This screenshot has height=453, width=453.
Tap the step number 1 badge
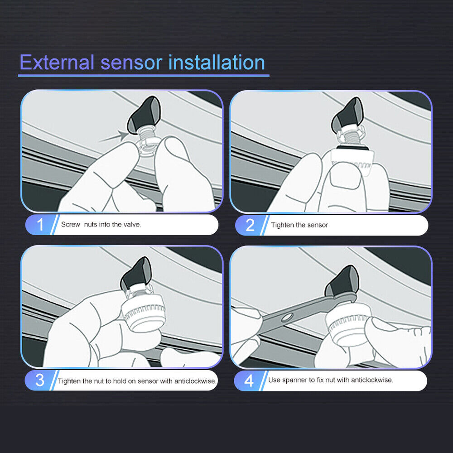click(40, 225)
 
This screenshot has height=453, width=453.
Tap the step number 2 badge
click(250, 225)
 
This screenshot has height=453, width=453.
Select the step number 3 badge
click(40, 381)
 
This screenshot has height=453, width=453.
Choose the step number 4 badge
click(249, 381)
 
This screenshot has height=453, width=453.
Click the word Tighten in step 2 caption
click(282, 225)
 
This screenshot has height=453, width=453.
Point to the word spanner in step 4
click(294, 380)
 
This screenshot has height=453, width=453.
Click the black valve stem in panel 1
click(144, 115)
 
